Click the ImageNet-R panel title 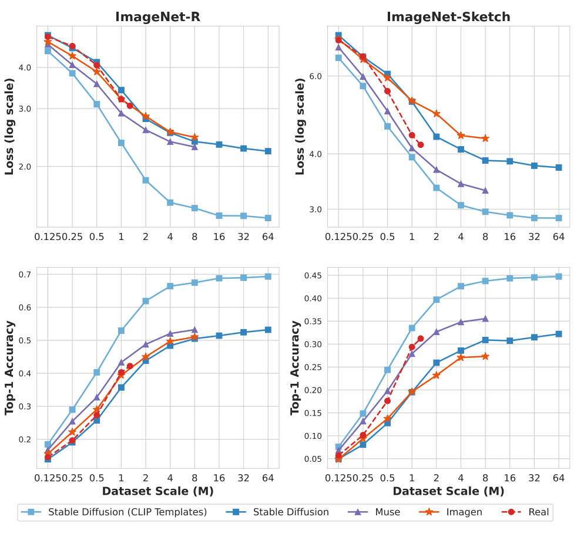coord(157,16)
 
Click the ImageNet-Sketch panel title coord(448,16)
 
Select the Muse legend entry coord(387,512)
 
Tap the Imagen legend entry coord(464,512)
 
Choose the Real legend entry coord(538,512)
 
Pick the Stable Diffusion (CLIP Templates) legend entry coord(127,512)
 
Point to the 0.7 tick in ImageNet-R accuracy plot coord(25,275)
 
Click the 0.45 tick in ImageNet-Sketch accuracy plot coord(313,275)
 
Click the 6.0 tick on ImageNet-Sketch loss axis coord(316,77)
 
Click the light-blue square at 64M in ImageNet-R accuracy coord(268,276)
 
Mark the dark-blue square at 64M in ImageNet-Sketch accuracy coord(559,334)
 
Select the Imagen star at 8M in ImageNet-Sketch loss coord(485,138)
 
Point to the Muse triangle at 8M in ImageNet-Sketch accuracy coord(485,319)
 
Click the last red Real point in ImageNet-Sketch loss coord(421,144)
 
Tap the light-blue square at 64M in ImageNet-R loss coord(268,218)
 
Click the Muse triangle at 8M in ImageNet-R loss coord(194,147)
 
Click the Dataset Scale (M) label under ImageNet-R coord(157,491)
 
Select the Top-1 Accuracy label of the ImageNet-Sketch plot coord(296,368)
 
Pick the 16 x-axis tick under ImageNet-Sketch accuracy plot coord(509,478)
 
